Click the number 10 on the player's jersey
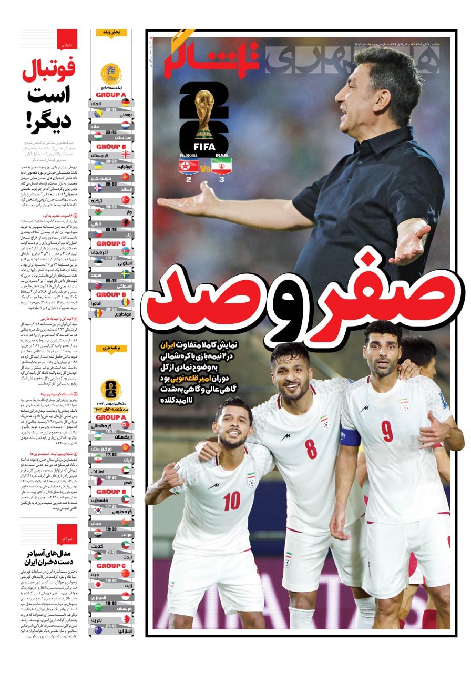pos(231,501)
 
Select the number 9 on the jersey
pos(387,431)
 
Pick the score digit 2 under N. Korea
pos(189,179)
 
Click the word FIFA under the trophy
pos(204,147)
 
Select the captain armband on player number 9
pos(350,436)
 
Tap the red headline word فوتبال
pos(49,70)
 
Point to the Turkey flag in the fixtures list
pos(126,200)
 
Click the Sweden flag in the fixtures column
pos(126,273)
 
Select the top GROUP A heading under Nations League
pos(110,95)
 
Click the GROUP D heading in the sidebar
pos(110,294)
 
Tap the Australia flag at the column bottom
pos(98,629)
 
